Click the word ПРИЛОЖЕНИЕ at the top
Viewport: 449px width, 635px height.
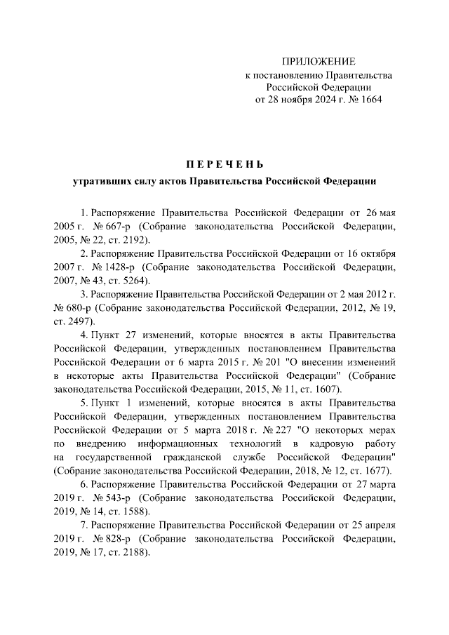pos(319,62)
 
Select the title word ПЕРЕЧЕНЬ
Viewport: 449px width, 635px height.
pos(224,165)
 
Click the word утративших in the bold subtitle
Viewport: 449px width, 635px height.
pos(101,181)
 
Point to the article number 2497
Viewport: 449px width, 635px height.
pos(79,320)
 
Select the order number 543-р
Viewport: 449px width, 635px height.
pos(115,497)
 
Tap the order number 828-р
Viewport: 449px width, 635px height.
pos(115,538)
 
